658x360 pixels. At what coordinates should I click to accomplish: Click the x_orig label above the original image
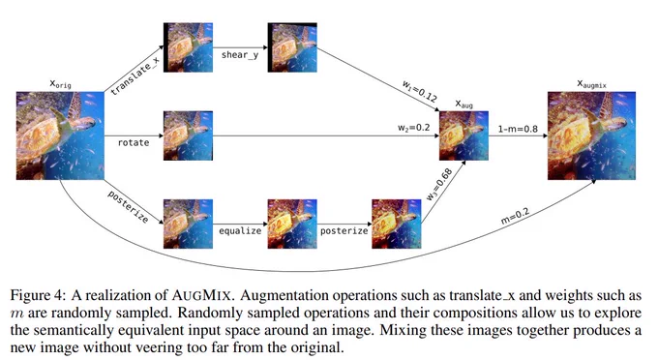pos(60,83)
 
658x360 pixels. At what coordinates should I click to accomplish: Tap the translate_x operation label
pos(135,75)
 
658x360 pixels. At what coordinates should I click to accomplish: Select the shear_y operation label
pos(240,55)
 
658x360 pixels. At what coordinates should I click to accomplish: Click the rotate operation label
pos(134,142)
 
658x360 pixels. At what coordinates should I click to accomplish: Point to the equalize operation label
pos(240,230)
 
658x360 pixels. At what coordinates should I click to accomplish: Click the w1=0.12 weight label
pos(420,91)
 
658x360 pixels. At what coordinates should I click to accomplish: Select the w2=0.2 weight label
pos(414,128)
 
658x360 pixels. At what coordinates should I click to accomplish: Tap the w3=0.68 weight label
pos(439,184)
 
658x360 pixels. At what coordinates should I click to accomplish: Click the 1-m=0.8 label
pos(518,129)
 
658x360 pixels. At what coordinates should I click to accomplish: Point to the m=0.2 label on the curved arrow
pos(515,216)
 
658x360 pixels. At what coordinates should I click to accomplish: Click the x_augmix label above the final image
pos(591,84)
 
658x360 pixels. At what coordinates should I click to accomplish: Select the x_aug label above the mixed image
pos(464,104)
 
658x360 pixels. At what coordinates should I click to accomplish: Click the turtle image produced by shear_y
pos(292,47)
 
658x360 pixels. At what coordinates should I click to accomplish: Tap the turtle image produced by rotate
pos(188,135)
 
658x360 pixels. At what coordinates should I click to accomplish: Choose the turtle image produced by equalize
pos(292,224)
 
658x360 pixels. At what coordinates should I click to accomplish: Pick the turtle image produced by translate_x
pos(188,47)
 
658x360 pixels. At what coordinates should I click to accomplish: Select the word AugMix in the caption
pos(201,295)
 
